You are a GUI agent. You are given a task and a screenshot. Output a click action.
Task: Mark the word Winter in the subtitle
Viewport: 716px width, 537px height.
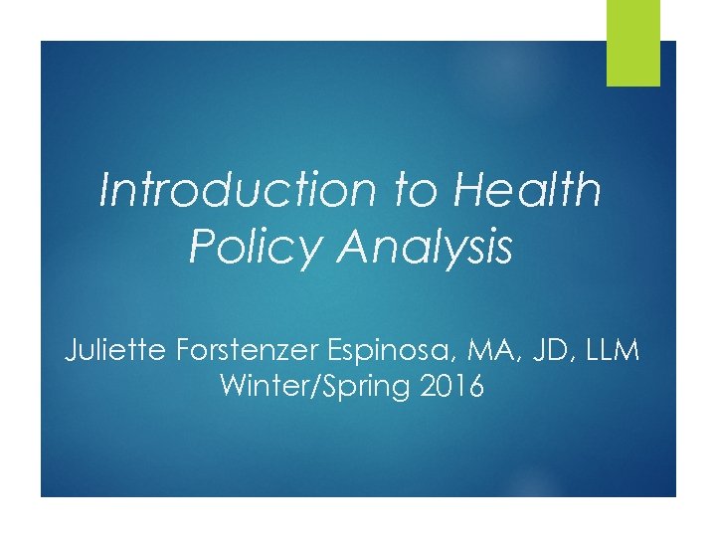[x=261, y=387]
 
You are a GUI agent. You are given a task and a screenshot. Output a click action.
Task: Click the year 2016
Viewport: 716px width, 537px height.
[x=453, y=387]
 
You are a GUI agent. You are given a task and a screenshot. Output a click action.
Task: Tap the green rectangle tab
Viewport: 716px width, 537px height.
[x=633, y=43]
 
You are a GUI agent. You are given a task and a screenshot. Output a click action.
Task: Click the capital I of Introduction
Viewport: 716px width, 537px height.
[x=106, y=191]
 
